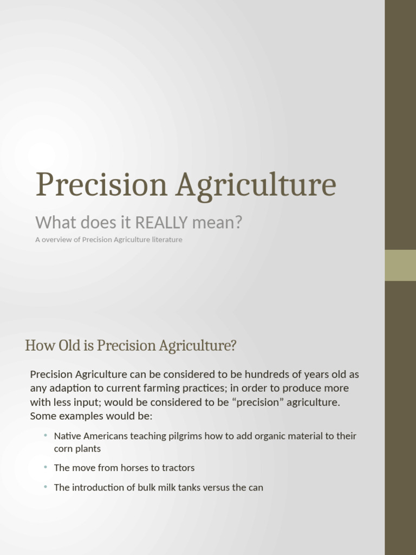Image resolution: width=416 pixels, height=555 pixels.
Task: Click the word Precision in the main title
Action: click(101, 184)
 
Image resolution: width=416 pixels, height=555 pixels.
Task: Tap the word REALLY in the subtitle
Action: click(161, 222)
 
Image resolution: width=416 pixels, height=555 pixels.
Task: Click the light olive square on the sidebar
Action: click(400, 265)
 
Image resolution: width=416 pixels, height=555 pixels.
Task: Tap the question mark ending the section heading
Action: click(233, 346)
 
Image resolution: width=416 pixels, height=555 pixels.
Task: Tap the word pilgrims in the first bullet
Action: click(186, 436)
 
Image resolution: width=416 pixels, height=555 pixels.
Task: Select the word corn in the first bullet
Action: click(63, 449)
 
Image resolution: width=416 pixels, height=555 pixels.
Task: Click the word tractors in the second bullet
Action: click(177, 468)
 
